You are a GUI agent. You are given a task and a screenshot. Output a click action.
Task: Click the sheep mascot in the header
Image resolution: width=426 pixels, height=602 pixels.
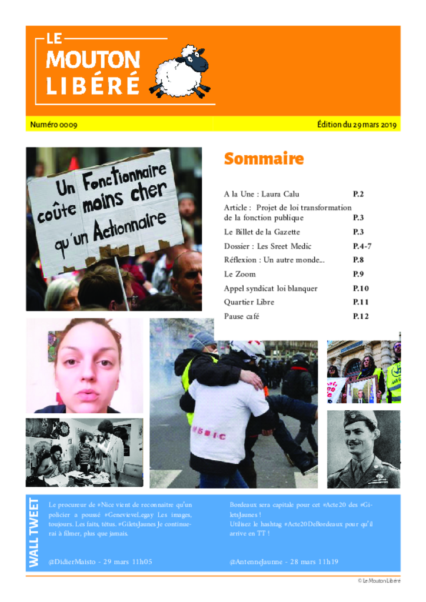[182, 71]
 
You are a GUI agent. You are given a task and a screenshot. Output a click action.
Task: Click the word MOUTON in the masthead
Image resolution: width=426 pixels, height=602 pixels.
[93, 59]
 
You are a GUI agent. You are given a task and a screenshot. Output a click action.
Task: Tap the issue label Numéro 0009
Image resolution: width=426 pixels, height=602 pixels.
[54, 125]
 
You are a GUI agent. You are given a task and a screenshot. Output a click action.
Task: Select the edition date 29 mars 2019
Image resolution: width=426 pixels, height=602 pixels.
[357, 125]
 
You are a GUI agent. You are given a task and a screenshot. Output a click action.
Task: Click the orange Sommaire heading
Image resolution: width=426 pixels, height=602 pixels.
[264, 159]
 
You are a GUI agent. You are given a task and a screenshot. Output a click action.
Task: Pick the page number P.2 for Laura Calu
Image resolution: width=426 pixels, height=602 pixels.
[358, 193]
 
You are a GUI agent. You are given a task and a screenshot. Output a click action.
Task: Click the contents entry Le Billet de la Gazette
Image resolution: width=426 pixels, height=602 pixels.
[262, 232]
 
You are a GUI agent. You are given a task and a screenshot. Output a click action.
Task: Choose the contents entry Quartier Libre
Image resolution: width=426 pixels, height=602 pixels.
[249, 302]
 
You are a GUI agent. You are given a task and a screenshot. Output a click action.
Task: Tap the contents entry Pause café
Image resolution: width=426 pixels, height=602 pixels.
[241, 316]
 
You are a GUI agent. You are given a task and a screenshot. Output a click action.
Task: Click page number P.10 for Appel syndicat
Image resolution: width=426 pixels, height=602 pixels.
[361, 288]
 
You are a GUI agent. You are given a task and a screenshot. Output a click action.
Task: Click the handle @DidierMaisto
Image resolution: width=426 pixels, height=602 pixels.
[75, 562]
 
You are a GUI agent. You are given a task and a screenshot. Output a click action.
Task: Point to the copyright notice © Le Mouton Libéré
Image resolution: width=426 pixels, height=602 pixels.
[379, 581]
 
